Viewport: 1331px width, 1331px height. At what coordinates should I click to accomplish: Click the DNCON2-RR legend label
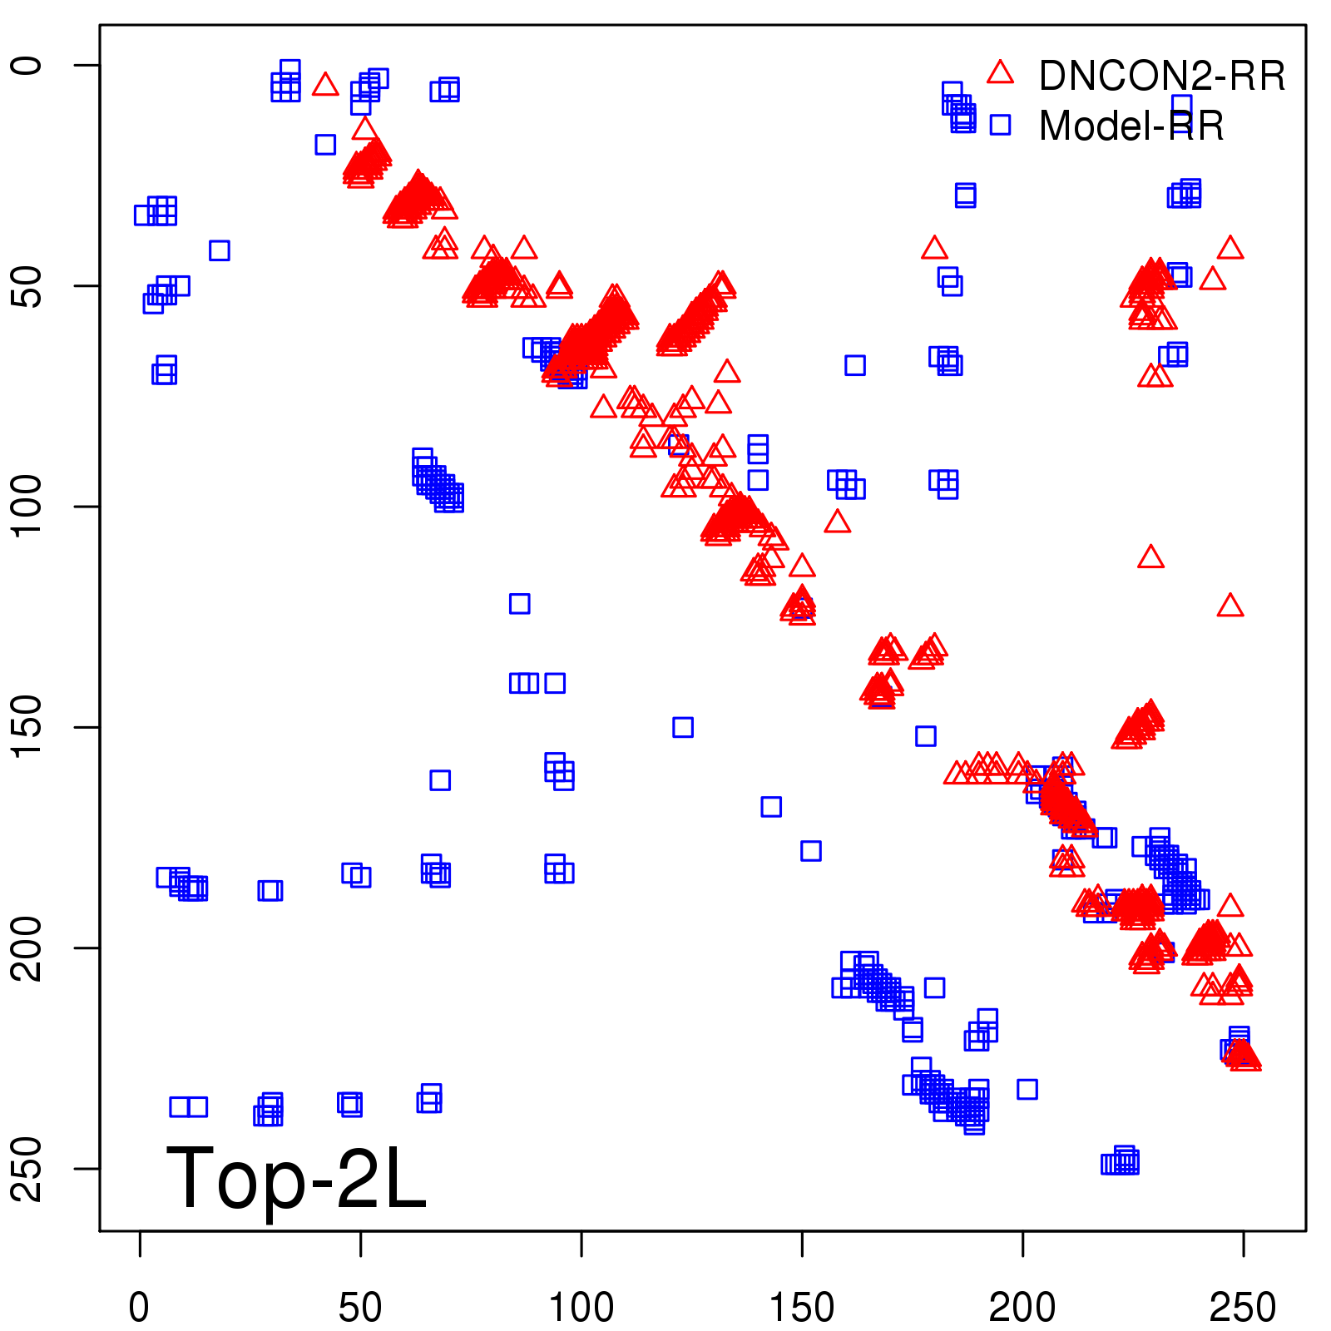[x=1161, y=77]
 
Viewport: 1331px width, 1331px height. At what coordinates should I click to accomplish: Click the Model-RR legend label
[x=1131, y=126]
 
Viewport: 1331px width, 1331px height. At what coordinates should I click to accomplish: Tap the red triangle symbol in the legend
[x=1000, y=73]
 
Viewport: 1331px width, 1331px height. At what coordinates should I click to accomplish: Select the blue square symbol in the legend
[x=1000, y=125]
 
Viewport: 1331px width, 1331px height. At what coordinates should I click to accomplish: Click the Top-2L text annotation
[x=296, y=1178]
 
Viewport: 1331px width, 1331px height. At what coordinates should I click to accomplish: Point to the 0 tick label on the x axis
[x=140, y=1308]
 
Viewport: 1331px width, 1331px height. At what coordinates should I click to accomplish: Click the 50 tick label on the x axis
[x=360, y=1308]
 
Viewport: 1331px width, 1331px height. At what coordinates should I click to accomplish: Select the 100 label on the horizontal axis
[x=581, y=1308]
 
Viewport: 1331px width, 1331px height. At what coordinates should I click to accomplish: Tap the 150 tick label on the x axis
[x=802, y=1308]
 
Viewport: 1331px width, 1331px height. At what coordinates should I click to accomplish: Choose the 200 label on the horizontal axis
[x=1022, y=1308]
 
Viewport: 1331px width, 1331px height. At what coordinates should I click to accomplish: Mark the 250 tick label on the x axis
[x=1243, y=1308]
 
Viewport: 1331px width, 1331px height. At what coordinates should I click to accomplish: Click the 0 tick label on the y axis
[x=28, y=66]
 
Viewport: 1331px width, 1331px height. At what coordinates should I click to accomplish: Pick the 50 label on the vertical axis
[x=28, y=286]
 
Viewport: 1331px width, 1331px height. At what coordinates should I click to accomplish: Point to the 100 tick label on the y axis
[x=28, y=507]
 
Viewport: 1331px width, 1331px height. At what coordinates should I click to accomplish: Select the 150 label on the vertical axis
[x=28, y=727]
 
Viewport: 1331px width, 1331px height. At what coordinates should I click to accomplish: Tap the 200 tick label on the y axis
[x=28, y=948]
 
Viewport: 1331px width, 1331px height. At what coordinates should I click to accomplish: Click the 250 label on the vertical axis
[x=28, y=1168]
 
